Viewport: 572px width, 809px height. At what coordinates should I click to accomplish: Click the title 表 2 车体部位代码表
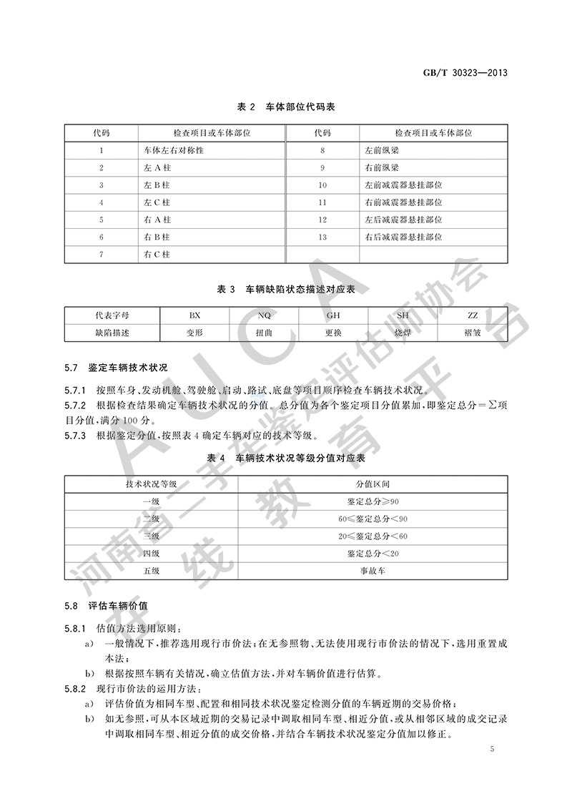286,107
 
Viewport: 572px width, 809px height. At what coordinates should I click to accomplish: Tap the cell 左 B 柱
157,185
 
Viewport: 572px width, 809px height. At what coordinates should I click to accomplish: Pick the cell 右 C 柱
157,254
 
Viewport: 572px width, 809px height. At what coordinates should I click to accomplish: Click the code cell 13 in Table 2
322,237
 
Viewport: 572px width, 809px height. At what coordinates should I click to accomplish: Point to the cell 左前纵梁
380,151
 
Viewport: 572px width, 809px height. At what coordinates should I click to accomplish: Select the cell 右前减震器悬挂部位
403,202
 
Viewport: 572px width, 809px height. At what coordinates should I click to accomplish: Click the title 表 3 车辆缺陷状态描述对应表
286,289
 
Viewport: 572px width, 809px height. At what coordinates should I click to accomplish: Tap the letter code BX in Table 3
195,315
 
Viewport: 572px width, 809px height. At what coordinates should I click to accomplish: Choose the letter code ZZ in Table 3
473,315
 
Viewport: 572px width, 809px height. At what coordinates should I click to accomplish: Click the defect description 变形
195,333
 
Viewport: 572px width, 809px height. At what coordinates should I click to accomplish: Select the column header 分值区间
368,484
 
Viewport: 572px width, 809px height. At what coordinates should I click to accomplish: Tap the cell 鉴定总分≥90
368,501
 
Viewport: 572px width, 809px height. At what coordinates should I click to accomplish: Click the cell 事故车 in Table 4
368,571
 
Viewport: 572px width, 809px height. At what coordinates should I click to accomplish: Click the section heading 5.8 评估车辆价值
108,606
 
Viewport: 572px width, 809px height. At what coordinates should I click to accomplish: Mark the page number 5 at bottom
493,749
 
